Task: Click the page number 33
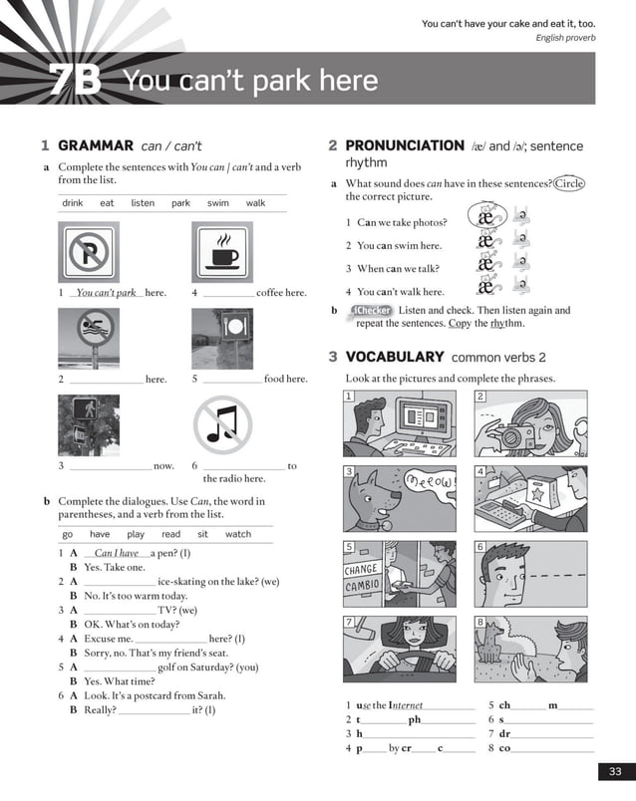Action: click(614, 771)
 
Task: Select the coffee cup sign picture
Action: click(221, 251)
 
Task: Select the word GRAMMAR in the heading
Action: click(89, 146)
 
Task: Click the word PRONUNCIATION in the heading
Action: click(405, 146)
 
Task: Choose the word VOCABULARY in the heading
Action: click(395, 357)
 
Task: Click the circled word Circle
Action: click(569, 183)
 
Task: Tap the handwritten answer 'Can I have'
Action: click(116, 553)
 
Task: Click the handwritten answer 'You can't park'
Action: click(106, 293)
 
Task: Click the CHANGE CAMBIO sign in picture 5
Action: click(361, 578)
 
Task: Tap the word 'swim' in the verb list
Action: click(217, 203)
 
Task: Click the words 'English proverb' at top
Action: click(565, 38)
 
